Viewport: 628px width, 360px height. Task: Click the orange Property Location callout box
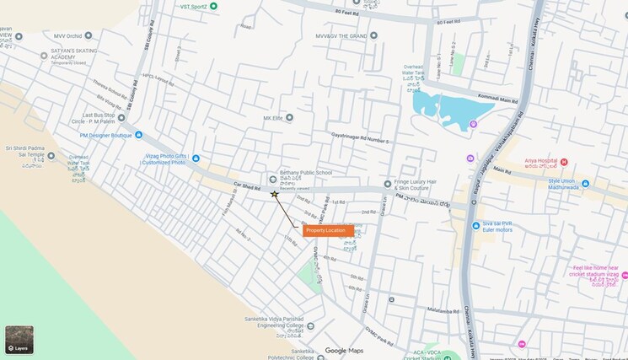(x=326, y=230)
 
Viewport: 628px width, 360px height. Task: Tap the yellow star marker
(x=274, y=194)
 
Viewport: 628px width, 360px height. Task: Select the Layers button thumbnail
(x=19, y=339)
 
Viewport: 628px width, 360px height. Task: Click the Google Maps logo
(x=344, y=351)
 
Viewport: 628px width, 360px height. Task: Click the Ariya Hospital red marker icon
(x=564, y=162)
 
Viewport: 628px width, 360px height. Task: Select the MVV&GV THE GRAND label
(x=341, y=36)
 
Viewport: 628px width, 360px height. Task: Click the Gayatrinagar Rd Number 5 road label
(x=360, y=138)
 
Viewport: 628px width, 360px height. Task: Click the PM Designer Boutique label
(x=105, y=135)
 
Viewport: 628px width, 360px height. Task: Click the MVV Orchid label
(x=68, y=36)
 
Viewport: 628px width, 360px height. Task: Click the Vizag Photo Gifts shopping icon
(x=196, y=158)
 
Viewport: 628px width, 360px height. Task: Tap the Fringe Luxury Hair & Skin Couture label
(x=420, y=185)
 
